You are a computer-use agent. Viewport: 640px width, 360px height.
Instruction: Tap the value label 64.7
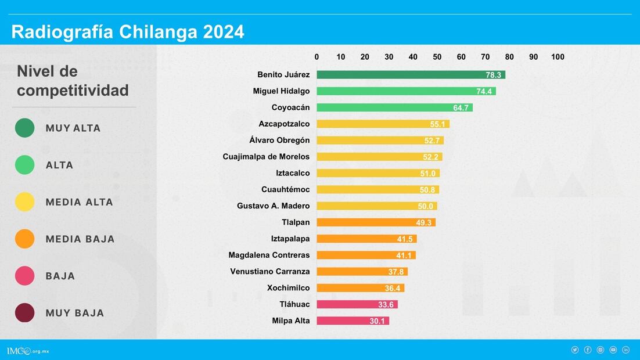coord(461,108)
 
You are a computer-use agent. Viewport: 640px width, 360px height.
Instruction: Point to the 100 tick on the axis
coord(558,57)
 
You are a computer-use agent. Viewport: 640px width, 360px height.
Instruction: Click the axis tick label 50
coord(437,57)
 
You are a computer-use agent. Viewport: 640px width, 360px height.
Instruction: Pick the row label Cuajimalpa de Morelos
coord(266,157)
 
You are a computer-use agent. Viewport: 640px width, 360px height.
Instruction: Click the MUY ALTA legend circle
coord(25,128)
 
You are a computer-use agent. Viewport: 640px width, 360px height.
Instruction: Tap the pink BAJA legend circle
coord(25,276)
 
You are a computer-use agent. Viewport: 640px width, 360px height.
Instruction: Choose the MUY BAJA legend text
coord(75,313)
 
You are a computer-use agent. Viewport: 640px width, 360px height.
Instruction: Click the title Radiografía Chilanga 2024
coord(128,32)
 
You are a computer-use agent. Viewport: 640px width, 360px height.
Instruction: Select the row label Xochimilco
coord(288,288)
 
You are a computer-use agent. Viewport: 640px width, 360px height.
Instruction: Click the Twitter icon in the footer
coord(575,350)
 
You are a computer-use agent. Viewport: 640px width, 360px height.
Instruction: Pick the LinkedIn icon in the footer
coord(625,350)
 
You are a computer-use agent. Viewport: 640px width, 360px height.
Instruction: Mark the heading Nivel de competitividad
coord(73,81)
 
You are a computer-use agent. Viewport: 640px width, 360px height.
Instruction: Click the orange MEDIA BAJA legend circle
coord(25,239)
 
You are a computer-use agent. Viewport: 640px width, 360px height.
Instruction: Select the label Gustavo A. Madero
coord(273,206)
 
